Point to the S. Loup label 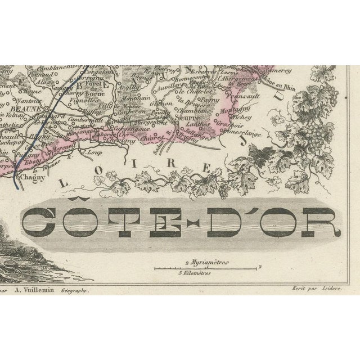pos(93,151)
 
